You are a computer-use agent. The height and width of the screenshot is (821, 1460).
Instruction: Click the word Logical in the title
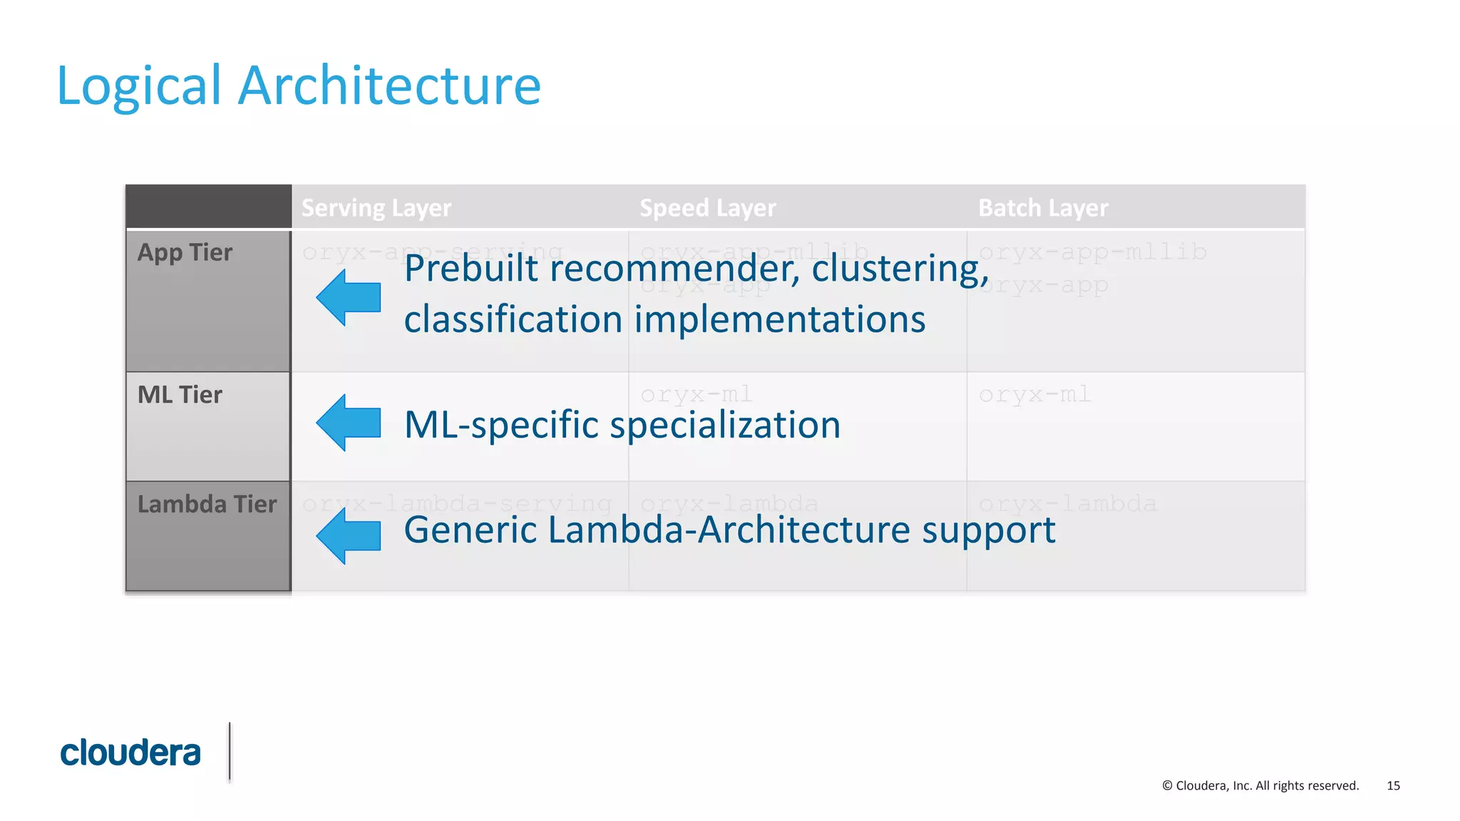(139, 86)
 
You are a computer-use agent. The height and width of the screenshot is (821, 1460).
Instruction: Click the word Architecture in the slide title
(389, 86)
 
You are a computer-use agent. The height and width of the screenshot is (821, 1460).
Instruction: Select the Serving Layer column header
(376, 208)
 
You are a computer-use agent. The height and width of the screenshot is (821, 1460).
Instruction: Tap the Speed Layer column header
(707, 208)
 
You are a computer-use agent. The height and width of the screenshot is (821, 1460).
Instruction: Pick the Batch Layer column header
(1043, 208)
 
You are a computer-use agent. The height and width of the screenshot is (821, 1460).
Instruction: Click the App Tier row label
(185, 253)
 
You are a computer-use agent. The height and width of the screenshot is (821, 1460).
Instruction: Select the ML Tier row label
(180, 395)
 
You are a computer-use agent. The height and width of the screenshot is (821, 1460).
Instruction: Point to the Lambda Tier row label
(207, 505)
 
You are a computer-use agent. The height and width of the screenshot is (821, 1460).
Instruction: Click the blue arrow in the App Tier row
(349, 297)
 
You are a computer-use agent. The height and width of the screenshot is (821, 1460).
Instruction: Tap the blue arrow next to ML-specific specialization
(349, 423)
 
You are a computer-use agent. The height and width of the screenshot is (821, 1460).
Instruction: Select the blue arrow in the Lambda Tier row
(349, 535)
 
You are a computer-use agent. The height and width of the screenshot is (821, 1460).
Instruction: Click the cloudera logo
(130, 753)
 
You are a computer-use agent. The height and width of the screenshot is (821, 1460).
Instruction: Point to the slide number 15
(1393, 785)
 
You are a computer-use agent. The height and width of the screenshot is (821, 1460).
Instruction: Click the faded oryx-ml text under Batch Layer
(1034, 394)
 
